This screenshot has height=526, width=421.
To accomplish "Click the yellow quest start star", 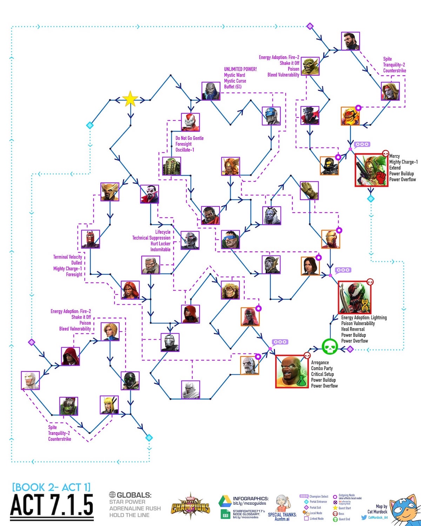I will (x=130, y=99).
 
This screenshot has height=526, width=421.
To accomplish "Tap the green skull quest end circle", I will (x=330, y=347).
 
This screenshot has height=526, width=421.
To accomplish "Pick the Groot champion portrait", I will (x=309, y=191).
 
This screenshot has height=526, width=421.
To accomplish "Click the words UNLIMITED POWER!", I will (x=240, y=69).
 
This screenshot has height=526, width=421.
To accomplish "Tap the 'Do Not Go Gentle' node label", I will (x=189, y=138).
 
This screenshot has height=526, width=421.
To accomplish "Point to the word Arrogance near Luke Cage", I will (x=320, y=363).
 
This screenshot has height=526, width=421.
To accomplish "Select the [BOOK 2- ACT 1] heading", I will (x=51, y=487).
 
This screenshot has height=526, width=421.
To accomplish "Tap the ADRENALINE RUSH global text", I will (x=135, y=508).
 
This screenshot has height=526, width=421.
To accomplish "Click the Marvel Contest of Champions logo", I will (x=191, y=507).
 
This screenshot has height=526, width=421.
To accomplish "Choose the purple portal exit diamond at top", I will (x=309, y=26).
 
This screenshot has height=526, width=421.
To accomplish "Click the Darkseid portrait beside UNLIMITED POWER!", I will (x=211, y=91).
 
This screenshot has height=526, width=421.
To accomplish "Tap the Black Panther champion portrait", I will (x=310, y=116).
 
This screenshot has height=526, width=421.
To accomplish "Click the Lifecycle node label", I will (x=163, y=232).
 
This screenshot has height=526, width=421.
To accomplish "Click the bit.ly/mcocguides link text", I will (x=249, y=504).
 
